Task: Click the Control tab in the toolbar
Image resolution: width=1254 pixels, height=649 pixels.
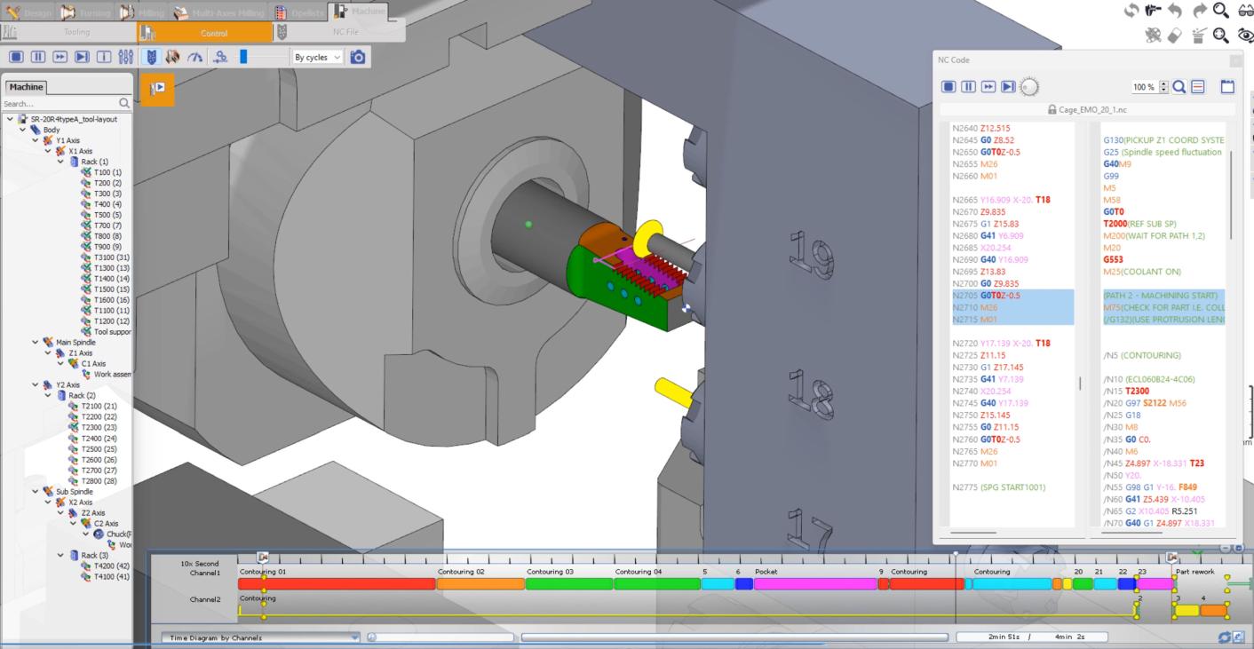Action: [213, 33]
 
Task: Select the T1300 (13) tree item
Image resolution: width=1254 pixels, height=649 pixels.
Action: [111, 268]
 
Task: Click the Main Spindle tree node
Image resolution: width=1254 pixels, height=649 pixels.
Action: [75, 343]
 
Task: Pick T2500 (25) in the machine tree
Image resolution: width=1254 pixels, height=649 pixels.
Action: [99, 449]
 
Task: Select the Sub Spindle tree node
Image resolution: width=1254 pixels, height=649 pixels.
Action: [75, 492]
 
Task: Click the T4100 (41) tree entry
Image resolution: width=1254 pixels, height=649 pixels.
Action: [111, 577]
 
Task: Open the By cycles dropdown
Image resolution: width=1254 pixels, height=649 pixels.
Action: [317, 57]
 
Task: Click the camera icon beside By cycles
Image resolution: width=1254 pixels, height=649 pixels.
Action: [358, 57]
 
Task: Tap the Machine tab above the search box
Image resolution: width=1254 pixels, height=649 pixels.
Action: [26, 87]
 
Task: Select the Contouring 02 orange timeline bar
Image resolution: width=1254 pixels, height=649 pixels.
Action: [480, 584]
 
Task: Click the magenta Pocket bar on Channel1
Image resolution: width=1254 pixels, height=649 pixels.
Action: [814, 584]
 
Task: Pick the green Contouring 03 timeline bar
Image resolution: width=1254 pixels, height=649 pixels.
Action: [568, 584]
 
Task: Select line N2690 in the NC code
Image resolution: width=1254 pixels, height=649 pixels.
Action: [990, 259]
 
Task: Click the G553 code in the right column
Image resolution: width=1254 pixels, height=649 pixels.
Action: [1113, 259]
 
